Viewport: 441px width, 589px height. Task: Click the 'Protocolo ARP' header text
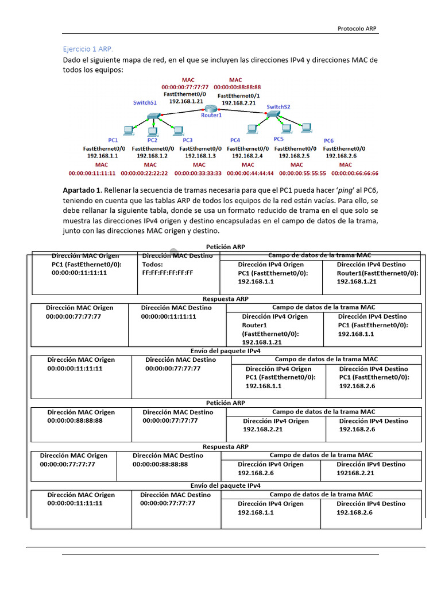point(357,28)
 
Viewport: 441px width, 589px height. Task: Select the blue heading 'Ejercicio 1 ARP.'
point(92,49)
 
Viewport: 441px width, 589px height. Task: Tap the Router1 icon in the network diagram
point(211,108)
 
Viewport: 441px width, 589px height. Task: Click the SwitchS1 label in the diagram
point(145,102)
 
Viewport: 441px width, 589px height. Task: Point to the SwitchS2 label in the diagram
point(278,106)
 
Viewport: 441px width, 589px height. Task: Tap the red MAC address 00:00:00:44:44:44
point(247,173)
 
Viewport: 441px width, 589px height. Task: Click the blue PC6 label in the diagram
point(328,140)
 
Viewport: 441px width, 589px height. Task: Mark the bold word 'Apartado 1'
point(82,190)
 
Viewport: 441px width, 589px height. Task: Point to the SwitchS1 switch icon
point(153,117)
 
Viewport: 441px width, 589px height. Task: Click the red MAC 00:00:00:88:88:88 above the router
point(237,87)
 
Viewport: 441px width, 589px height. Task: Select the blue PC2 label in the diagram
point(152,140)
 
